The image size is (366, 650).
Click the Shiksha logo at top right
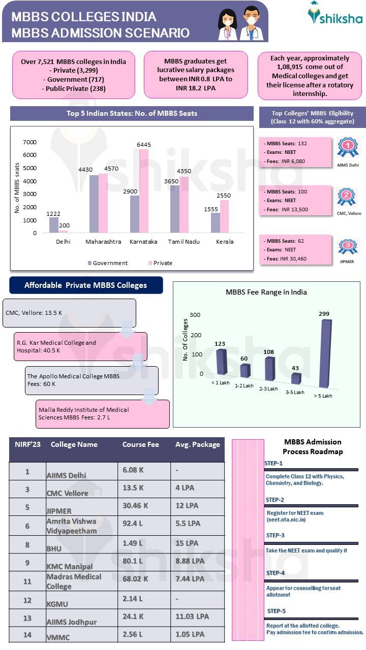point(335,14)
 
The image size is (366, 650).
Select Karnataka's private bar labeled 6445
point(144,191)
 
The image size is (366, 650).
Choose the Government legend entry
point(108,263)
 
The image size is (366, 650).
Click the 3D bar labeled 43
point(296,378)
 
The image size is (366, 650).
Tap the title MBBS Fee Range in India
point(266,292)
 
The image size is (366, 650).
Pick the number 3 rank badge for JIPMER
point(348,246)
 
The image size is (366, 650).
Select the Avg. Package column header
point(197,444)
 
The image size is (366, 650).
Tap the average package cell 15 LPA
point(187,543)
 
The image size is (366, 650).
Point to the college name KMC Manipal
point(70,566)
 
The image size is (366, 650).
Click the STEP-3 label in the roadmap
point(275,535)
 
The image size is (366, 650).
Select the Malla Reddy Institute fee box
point(103,414)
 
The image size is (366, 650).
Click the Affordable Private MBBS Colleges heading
point(86,285)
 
